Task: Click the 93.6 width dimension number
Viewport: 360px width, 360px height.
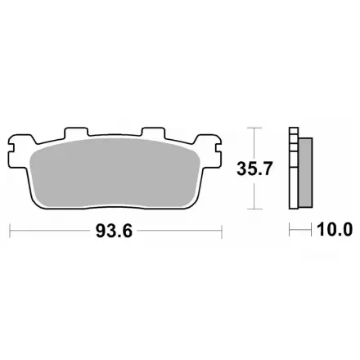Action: pos(114,231)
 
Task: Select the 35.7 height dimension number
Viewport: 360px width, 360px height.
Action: pos(254,169)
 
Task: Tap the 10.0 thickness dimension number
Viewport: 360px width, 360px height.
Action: pos(335,230)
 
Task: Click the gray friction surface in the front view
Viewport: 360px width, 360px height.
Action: pos(115,172)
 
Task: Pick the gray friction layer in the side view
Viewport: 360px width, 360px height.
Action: pos(305,173)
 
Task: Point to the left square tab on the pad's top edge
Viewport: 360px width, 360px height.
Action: pos(76,132)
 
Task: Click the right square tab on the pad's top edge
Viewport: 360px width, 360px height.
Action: pos(153,132)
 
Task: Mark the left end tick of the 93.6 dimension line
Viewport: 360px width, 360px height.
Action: pos(10,232)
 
